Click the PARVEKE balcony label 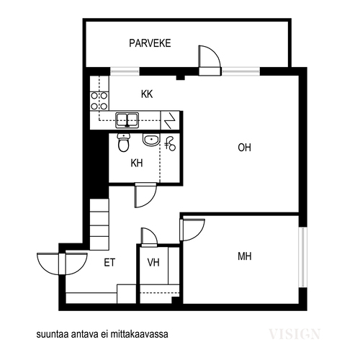[x=150, y=43]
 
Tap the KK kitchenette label [x=147, y=94]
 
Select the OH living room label [x=244, y=148]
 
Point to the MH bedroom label [x=245, y=256]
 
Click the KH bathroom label [x=137, y=163]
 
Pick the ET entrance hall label [x=109, y=262]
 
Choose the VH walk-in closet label [x=153, y=262]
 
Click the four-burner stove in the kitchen [x=99, y=101]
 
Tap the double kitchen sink [x=127, y=120]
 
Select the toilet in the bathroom [x=124, y=143]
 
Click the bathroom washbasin [x=151, y=140]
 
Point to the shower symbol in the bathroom [x=170, y=144]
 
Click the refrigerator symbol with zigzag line [x=170, y=120]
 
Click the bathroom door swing [x=145, y=195]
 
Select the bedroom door [x=192, y=230]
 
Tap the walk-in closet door [x=149, y=237]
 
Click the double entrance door [x=62, y=264]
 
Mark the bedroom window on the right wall [x=303, y=257]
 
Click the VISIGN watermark [x=294, y=334]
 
